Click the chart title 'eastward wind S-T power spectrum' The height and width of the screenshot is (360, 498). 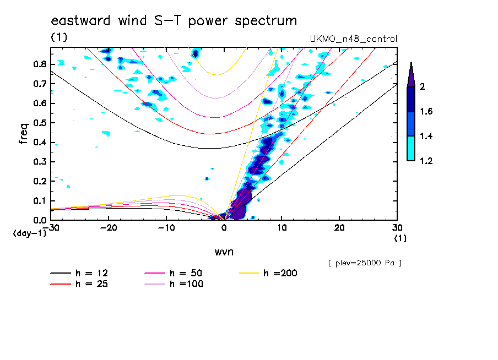tap(174, 21)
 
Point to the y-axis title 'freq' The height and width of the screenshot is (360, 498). tap(24, 134)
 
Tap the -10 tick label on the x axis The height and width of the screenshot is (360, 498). tap(166, 228)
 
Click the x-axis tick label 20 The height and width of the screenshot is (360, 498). tap(339, 228)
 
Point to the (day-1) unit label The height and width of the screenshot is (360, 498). tap(29, 233)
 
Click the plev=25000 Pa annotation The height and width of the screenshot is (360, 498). tap(365, 263)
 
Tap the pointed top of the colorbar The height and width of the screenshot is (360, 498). tap(411, 65)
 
